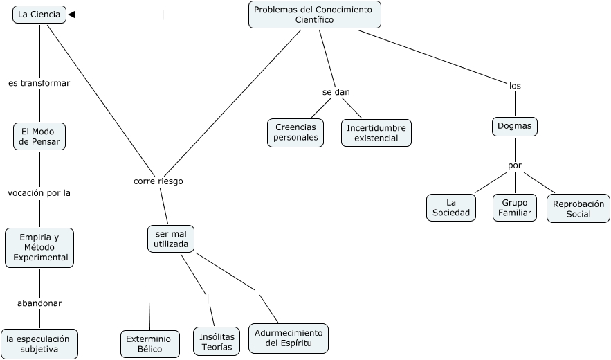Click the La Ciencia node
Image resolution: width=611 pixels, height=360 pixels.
click(39, 15)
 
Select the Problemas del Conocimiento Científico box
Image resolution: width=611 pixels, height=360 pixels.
click(314, 15)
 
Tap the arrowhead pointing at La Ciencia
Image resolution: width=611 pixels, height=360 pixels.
click(73, 15)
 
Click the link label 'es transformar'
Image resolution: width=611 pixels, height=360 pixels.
click(39, 83)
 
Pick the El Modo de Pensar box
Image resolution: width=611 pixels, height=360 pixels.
click(39, 136)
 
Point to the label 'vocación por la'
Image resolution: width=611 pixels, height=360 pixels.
click(39, 193)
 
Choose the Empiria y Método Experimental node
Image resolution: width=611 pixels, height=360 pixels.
click(39, 247)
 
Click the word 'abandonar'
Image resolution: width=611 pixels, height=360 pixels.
click(39, 303)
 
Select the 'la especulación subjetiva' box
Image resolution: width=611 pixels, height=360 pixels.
click(39, 344)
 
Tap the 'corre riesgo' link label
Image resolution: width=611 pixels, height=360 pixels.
click(158, 181)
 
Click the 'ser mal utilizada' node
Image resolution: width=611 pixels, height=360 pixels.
click(171, 239)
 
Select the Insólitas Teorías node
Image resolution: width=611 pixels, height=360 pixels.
click(216, 341)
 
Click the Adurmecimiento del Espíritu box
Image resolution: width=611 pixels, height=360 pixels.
click(289, 338)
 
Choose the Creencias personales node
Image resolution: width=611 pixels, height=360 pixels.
click(296, 132)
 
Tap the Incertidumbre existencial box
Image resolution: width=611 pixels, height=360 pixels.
click(376, 132)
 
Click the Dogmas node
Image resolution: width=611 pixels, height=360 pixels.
click(515, 127)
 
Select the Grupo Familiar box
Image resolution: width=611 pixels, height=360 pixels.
click(516, 208)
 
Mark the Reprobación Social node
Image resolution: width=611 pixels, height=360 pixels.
click(578, 208)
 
